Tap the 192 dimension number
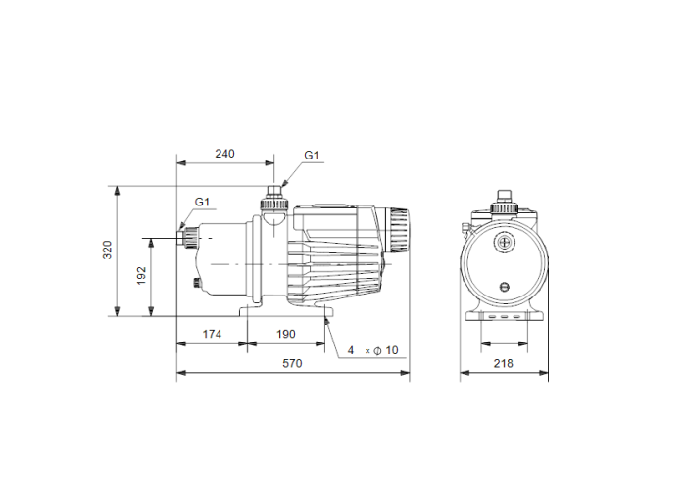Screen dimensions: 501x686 point(141,276)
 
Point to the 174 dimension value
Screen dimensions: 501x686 point(211,334)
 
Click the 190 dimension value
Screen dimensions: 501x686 point(285,334)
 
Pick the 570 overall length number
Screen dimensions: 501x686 point(292,363)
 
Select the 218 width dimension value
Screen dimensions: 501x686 point(504,363)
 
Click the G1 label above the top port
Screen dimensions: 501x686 point(312,155)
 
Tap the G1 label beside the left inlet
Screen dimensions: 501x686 point(202,202)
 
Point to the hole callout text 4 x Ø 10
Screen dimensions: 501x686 point(373,350)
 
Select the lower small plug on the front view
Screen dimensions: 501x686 point(505,287)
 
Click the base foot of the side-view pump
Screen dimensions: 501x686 point(284,312)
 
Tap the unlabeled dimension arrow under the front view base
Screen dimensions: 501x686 point(504,343)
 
